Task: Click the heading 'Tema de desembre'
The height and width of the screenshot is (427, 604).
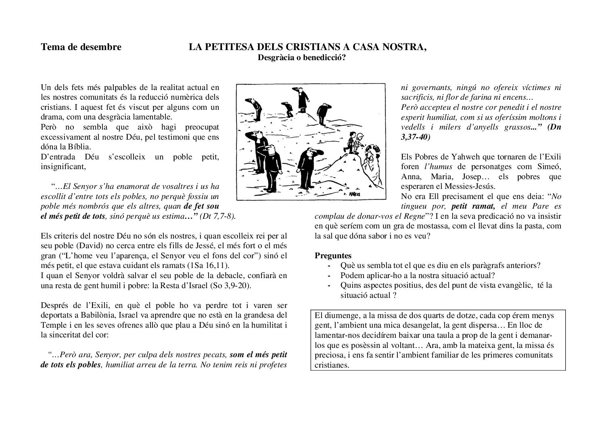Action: [81, 47]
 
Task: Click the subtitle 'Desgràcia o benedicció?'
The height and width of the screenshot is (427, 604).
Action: [302, 57]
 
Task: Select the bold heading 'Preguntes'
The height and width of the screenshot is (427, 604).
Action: [333, 255]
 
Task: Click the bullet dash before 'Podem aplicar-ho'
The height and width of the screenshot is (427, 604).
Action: [330, 276]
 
